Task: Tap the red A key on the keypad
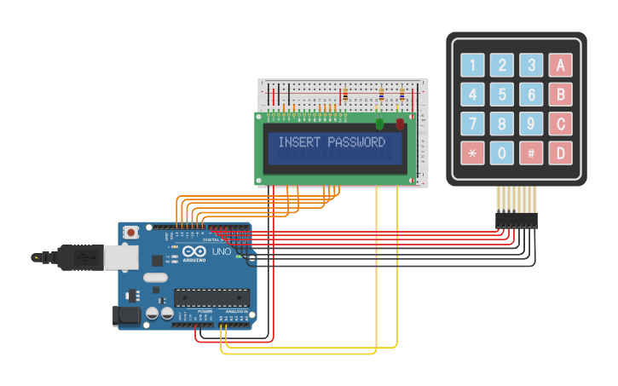pyautogui.click(x=560, y=66)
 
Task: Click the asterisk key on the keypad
pyautogui.click(x=472, y=153)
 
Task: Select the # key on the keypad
pyautogui.click(x=531, y=153)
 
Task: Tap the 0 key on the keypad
pyautogui.click(x=502, y=153)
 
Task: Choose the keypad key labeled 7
pyautogui.click(x=472, y=124)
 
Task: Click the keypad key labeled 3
pyautogui.click(x=531, y=66)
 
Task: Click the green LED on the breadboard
pyautogui.click(x=379, y=124)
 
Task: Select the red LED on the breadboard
pyautogui.click(x=400, y=124)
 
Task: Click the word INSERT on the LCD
pyautogui.click(x=301, y=142)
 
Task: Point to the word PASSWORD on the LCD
pyautogui.click(x=356, y=142)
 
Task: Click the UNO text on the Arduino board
pyautogui.click(x=222, y=252)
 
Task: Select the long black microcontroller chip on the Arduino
pyautogui.click(x=212, y=297)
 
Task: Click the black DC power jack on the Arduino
pyautogui.click(x=127, y=316)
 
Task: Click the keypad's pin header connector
pyautogui.click(x=517, y=221)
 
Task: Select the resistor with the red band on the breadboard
pyautogui.click(x=344, y=95)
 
